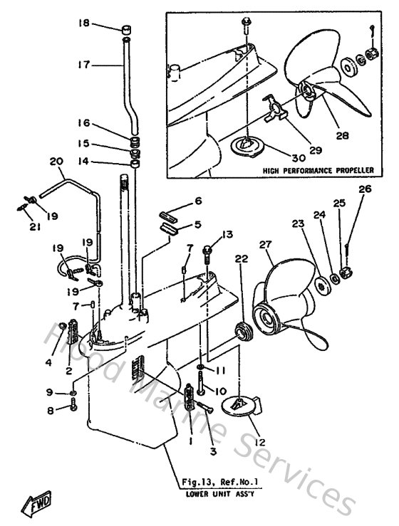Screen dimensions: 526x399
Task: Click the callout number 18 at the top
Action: (85, 23)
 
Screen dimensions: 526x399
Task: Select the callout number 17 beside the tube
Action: (85, 63)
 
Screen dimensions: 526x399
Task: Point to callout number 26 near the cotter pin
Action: (365, 189)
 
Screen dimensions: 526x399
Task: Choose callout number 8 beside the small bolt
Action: (49, 409)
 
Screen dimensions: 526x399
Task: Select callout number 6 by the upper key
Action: (199, 201)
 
